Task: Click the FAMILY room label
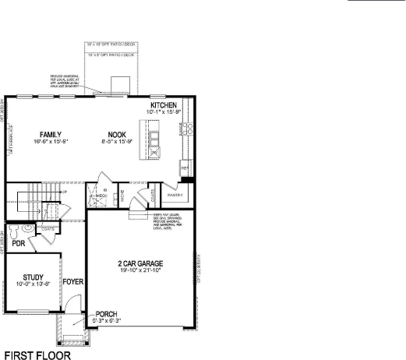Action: click(51, 134)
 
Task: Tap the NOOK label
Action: click(117, 134)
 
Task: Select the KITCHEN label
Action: click(164, 105)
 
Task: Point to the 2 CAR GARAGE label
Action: click(139, 263)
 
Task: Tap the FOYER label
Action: click(73, 281)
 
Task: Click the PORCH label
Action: click(106, 314)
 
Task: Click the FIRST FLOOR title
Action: click(37, 354)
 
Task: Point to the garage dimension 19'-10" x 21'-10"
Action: click(139, 270)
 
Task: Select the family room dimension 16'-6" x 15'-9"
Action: click(51, 142)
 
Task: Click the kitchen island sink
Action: click(155, 140)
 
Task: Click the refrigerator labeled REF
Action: click(185, 168)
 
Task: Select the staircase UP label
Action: click(63, 191)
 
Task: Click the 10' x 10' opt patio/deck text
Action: click(109, 47)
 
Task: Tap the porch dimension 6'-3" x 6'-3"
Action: click(106, 321)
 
